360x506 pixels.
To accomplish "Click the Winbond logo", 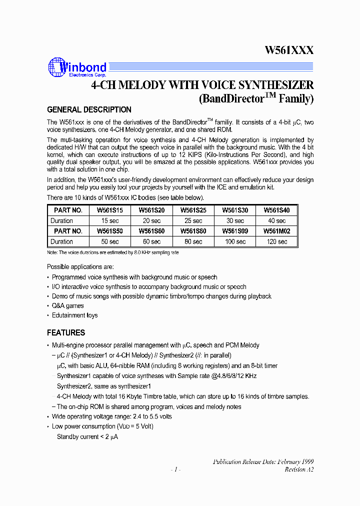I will point(77,67).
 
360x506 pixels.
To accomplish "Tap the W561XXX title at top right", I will point(289,50).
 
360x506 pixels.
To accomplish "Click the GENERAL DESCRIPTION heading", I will point(89,109).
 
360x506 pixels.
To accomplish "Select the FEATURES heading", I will point(66,332).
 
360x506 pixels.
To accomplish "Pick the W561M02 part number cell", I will point(276,231).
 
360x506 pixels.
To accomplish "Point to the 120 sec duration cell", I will point(276,241).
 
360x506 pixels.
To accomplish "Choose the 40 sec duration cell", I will point(276,220).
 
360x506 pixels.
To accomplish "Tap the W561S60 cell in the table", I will point(151,231).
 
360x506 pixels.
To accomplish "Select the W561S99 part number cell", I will point(235,231).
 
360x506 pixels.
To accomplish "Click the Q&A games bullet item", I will point(68,305).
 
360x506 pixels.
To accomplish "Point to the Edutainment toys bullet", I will point(75,315).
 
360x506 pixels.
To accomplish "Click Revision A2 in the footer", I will point(299,469).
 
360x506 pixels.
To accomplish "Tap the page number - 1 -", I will point(175,469).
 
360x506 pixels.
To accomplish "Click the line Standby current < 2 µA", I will point(87,436).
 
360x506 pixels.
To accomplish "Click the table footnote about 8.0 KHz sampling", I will point(112,252).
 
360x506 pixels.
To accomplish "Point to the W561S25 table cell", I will point(193,210).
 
